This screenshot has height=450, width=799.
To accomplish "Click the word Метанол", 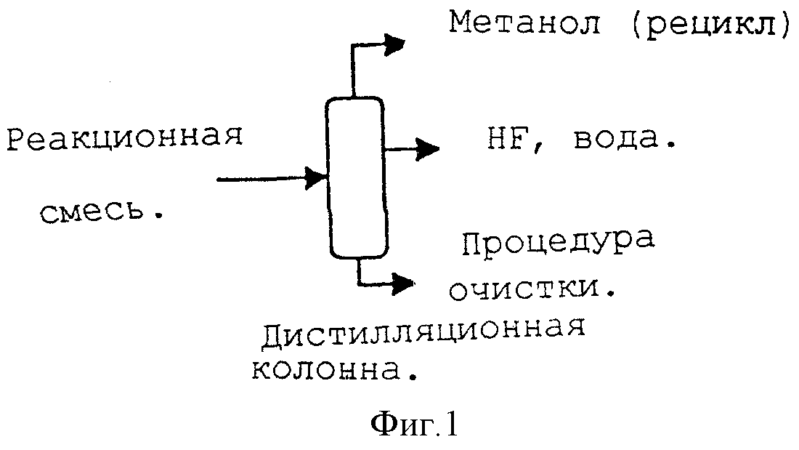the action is point(525,23).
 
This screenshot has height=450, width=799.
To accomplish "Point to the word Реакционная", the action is point(125,137).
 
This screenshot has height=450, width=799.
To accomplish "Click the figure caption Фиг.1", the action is point(414,425).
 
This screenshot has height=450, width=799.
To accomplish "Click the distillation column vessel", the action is point(356,177).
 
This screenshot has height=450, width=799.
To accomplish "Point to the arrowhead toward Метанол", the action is point(394,45).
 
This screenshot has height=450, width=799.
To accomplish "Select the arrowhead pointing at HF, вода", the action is point(427,150).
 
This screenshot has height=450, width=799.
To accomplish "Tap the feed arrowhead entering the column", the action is point(315,177).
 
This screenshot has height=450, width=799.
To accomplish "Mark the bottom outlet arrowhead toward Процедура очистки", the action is point(402,284).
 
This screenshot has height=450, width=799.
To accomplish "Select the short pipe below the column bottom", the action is point(360,271).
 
